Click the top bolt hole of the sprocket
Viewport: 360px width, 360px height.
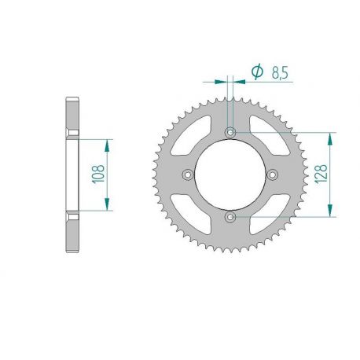[230, 132]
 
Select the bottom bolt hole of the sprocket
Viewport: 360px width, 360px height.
[230, 215]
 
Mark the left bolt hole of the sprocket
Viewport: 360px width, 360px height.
[188, 174]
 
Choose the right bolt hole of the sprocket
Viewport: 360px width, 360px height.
[271, 174]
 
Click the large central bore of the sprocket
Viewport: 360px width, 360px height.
[230, 174]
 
